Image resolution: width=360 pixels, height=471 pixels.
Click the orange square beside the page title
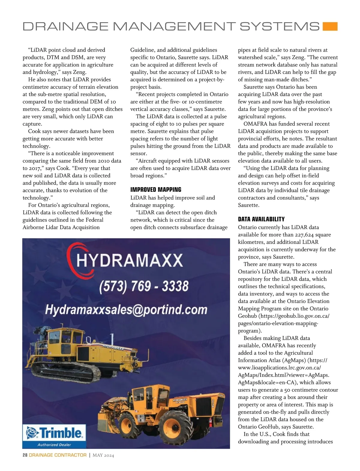[x=330, y=26]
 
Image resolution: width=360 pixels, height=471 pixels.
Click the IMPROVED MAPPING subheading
[x=156, y=190]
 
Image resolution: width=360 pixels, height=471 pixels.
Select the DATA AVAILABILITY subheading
[x=261, y=219]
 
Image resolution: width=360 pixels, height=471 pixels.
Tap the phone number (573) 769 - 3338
[x=144, y=286]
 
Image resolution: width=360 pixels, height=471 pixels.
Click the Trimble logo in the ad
[x=54, y=433]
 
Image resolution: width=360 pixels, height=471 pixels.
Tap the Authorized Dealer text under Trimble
[x=54, y=445]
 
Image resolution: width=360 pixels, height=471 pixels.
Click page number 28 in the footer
[x=25, y=455]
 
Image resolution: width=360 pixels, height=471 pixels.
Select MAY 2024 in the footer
[x=103, y=455]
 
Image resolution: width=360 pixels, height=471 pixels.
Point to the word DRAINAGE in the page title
[x=65, y=26]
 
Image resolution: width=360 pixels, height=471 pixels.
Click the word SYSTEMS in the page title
[x=280, y=26]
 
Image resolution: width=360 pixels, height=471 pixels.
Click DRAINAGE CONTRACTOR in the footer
[x=58, y=455]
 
